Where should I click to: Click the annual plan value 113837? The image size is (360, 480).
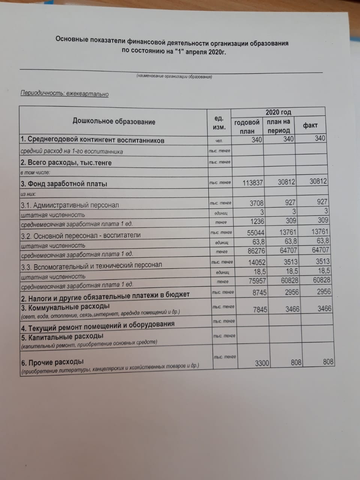(253, 183)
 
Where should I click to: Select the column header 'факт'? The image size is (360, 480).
(310, 126)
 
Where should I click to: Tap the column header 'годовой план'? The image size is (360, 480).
(247, 127)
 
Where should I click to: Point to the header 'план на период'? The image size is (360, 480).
(279, 126)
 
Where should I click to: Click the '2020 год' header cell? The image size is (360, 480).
(278, 112)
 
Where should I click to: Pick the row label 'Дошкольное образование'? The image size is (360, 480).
(114, 122)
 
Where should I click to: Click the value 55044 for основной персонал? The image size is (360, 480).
(256, 232)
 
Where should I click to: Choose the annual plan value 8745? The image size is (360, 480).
(259, 292)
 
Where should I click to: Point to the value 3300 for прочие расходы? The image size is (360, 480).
(262, 363)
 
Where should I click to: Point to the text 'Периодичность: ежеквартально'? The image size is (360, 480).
(64, 93)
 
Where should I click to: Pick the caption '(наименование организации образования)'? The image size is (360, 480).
(174, 77)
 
